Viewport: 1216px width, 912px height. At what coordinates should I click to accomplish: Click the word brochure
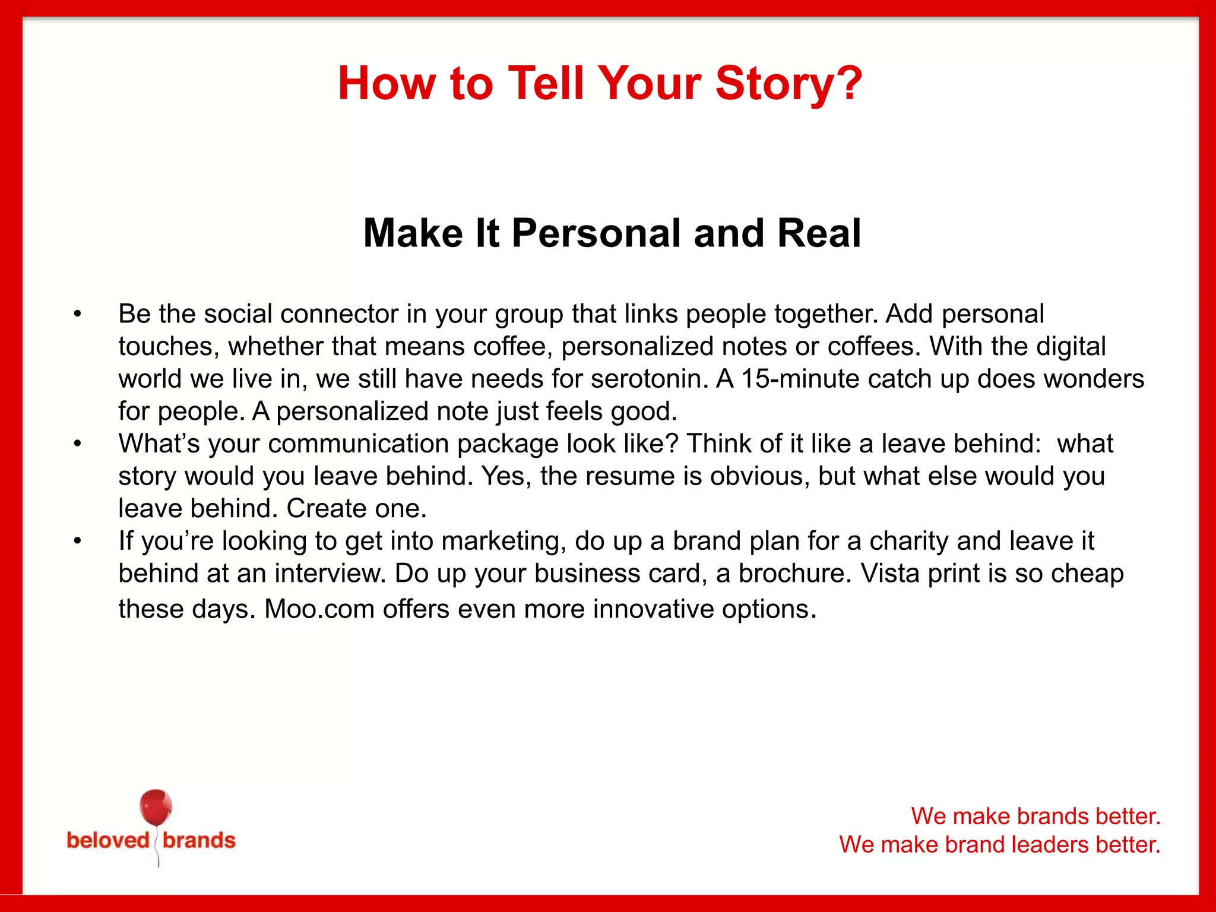795,574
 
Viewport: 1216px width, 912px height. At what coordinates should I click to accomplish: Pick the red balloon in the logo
156,807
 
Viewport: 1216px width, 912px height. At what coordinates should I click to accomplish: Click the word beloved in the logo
108,841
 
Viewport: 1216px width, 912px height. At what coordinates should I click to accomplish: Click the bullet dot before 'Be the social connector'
77,314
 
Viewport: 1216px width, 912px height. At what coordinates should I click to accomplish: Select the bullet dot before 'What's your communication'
77,444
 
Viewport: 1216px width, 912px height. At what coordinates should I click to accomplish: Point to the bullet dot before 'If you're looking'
77,541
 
